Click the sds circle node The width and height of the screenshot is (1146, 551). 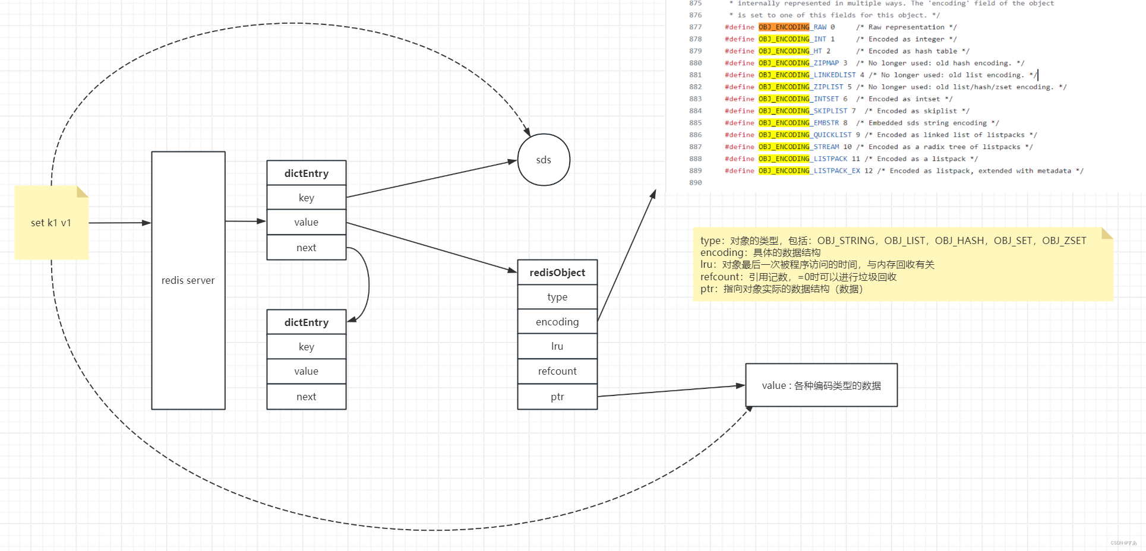pyautogui.click(x=544, y=160)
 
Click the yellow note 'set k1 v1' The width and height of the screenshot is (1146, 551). pyautogui.click(x=51, y=223)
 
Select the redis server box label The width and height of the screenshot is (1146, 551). pyautogui.click(x=188, y=280)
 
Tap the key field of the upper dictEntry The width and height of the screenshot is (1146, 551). pyautogui.click(x=307, y=198)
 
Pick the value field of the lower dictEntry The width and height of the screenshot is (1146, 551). pyautogui.click(x=307, y=371)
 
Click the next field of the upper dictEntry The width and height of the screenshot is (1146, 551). pyautogui.click(x=307, y=248)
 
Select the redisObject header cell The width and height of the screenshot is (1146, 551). pyautogui.click(x=557, y=273)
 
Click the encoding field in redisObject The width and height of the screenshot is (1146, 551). pyautogui.click(x=557, y=322)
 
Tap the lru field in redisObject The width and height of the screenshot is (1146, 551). pyautogui.click(x=557, y=346)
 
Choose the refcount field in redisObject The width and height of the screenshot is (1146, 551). pyautogui.click(x=557, y=371)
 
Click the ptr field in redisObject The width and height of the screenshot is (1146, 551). pyautogui.click(x=557, y=397)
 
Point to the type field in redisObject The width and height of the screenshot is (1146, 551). pyautogui.click(x=557, y=297)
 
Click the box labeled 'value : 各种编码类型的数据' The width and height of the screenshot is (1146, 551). pyautogui.click(x=821, y=385)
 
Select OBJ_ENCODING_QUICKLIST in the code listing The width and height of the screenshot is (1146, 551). pyautogui.click(x=804, y=135)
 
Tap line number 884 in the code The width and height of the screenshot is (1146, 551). pyautogui.click(x=695, y=111)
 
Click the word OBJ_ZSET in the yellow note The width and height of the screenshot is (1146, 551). pyautogui.click(x=1064, y=240)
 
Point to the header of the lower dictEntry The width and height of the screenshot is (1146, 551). pyautogui.click(x=307, y=322)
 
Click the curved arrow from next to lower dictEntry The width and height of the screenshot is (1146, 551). pyautogui.click(x=368, y=284)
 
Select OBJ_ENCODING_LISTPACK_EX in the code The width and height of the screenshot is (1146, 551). pyautogui.click(x=809, y=171)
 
